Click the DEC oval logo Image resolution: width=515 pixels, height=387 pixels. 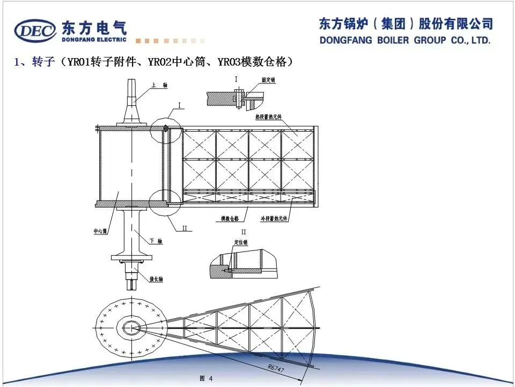coord(35,31)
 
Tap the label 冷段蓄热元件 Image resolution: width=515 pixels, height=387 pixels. coord(274,219)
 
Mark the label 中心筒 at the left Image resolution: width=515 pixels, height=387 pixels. coord(101,231)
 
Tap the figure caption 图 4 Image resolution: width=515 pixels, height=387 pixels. coord(207,378)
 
